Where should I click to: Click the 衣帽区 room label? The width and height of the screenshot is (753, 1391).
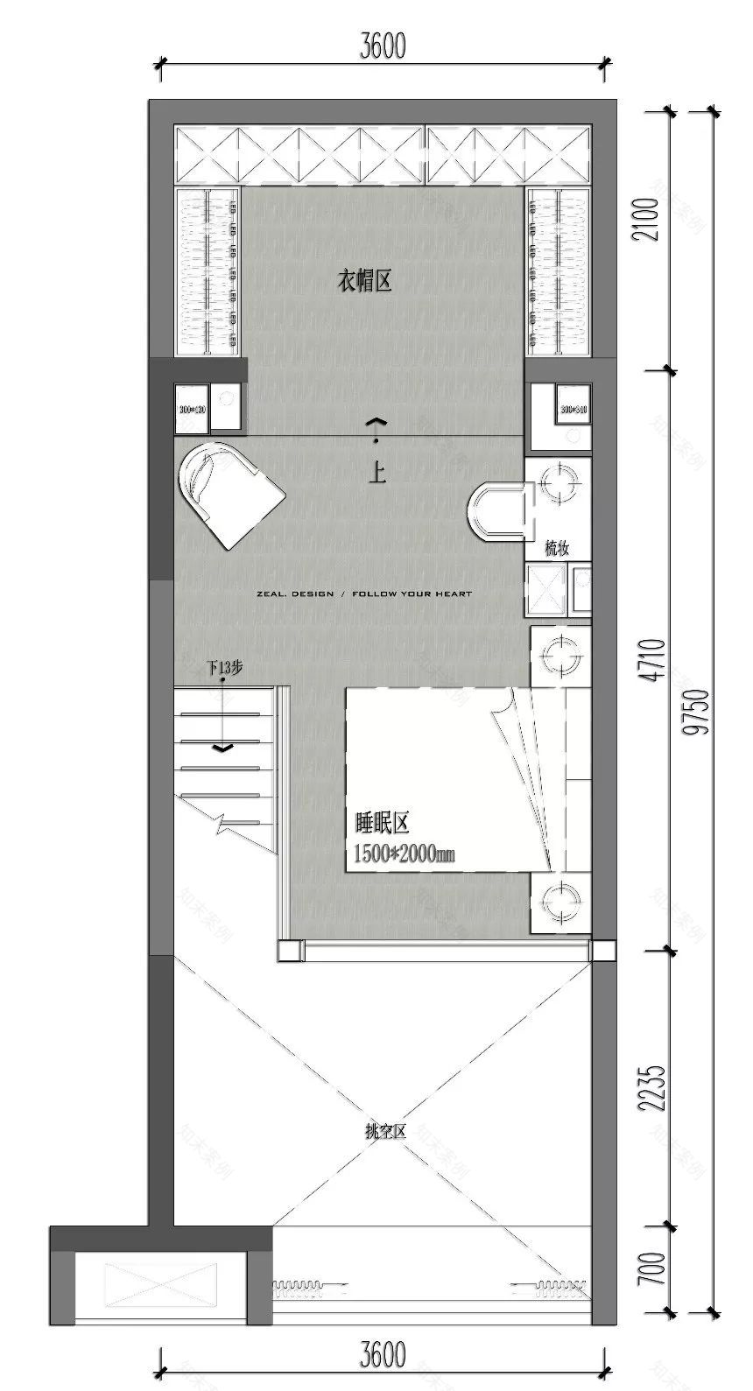[363, 282]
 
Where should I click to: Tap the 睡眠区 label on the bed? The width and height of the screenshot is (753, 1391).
[383, 824]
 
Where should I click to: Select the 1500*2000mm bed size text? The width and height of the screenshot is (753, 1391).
[404, 854]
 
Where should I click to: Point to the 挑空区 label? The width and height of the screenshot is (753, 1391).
[386, 1132]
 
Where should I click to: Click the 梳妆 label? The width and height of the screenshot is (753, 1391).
[557, 549]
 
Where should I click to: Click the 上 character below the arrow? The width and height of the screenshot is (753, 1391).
[377, 474]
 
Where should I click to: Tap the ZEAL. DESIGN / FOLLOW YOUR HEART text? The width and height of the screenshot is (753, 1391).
[364, 594]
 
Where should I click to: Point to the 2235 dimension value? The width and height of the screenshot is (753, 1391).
[656, 1088]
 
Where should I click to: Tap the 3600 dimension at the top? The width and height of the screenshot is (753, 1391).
[383, 46]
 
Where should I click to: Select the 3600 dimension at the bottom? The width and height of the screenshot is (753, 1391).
[383, 1356]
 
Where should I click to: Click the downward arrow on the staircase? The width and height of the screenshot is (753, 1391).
[223, 748]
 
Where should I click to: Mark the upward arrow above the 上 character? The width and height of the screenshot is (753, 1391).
[376, 423]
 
